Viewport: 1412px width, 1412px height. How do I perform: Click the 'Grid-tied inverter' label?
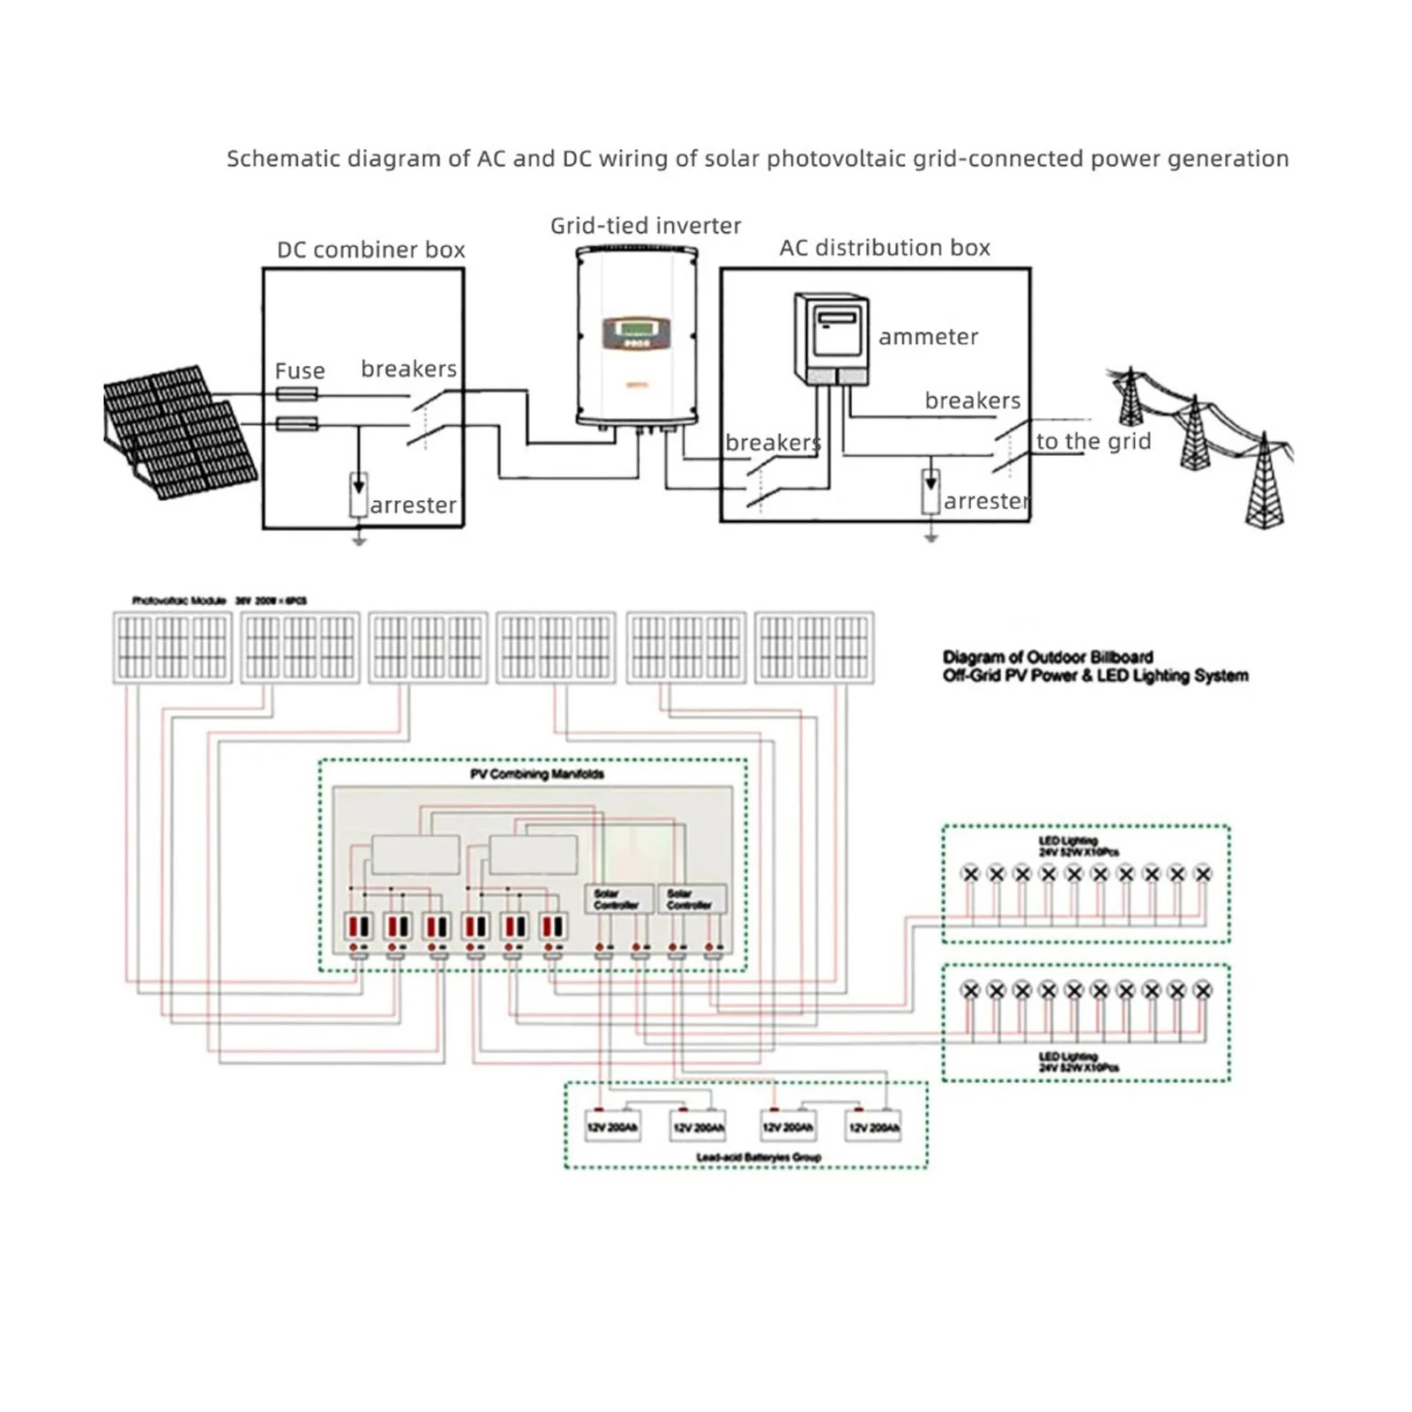(x=646, y=226)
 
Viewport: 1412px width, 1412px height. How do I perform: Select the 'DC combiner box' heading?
(x=370, y=250)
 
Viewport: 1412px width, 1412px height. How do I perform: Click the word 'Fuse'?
(x=300, y=370)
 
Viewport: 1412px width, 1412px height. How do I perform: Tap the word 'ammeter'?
(x=928, y=337)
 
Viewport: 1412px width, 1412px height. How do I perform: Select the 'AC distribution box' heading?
(x=885, y=248)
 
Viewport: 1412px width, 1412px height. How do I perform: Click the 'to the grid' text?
(x=1093, y=441)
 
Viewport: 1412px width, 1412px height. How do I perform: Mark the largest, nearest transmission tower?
(x=1265, y=483)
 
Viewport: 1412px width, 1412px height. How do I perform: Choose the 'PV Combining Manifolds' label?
(x=537, y=774)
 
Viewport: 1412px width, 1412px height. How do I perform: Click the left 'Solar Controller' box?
(x=618, y=899)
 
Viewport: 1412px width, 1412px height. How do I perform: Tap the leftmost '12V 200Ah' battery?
(x=612, y=1127)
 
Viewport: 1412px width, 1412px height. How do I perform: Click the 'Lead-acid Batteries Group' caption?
(x=758, y=1157)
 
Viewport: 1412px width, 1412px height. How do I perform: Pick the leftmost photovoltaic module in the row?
(x=172, y=647)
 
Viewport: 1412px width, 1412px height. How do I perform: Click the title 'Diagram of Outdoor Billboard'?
(x=1048, y=657)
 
